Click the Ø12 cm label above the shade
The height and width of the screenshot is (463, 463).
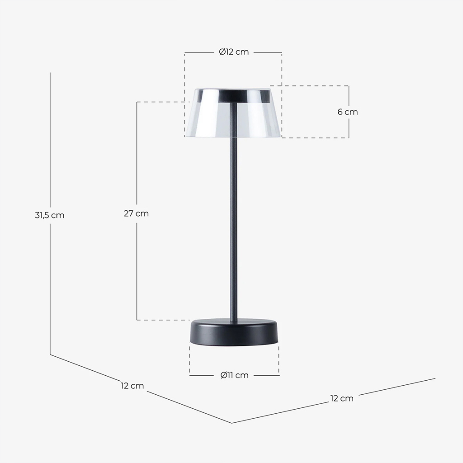coord(234,52)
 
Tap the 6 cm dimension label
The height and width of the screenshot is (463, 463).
coord(348,112)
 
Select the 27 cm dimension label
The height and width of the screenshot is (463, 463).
coord(136,213)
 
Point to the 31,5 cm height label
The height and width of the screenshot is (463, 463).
coord(50,215)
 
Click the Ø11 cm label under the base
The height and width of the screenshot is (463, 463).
coord(235,375)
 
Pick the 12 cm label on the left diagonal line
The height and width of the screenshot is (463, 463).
coord(132,386)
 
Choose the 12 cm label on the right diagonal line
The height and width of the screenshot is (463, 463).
coord(342,398)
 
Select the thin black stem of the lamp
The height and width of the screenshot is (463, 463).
coord(233,213)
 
